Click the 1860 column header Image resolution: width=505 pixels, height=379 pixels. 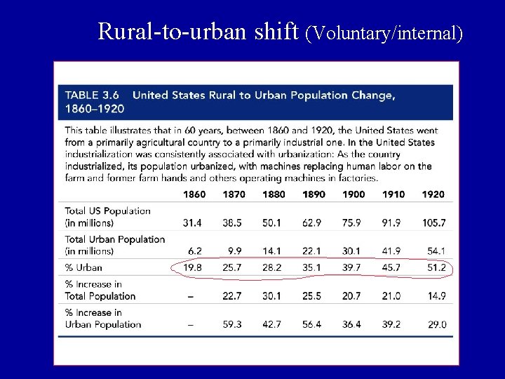(194, 194)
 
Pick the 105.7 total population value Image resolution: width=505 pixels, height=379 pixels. (434, 223)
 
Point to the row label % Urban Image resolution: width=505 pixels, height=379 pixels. (83, 267)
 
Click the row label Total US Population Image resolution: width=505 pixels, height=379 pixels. (107, 211)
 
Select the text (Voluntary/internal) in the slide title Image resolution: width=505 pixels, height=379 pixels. (384, 32)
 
